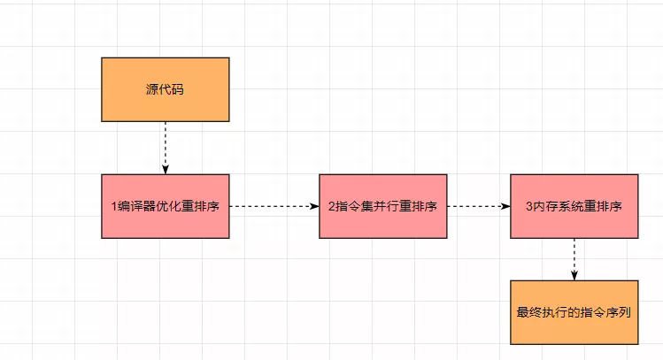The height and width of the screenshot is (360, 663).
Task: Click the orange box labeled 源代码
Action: coord(165,89)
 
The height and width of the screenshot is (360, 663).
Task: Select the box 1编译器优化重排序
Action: coord(165,206)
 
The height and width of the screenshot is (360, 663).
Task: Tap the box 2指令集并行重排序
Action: coord(382,206)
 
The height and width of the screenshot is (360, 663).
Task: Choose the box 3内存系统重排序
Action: coord(574,206)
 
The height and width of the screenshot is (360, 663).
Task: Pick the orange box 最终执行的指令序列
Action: coord(574,312)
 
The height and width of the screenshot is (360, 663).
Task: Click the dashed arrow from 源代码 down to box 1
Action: coord(165,147)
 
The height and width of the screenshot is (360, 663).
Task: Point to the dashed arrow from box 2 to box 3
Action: coord(478,206)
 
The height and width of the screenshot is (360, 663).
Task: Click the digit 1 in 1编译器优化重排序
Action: coord(113,207)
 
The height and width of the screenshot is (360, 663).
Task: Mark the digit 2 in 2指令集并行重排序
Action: coord(331,207)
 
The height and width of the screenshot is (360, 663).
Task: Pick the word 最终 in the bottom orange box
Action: coord(528,312)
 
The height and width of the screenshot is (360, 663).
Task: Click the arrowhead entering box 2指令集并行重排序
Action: coord(313,206)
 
